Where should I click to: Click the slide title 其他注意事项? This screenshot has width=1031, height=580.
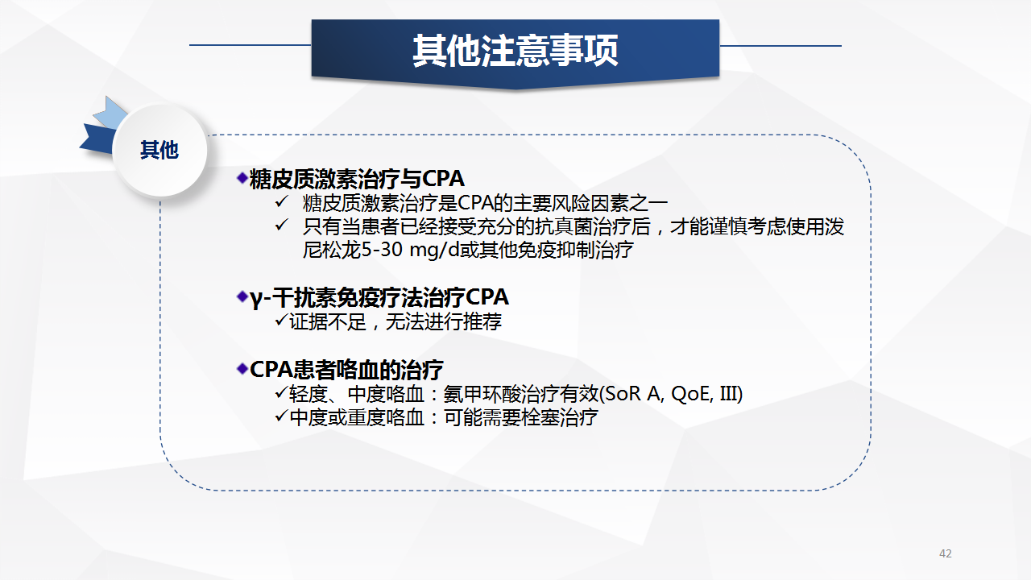coord(515,51)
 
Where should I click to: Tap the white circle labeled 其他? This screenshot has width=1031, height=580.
coord(159,150)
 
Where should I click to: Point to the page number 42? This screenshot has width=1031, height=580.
coord(946,553)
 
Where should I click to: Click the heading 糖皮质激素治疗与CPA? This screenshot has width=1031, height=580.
coord(357,179)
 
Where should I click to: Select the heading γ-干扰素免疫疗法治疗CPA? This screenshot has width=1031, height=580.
coord(379,297)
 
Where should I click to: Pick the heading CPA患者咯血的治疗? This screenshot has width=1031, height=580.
coord(346,369)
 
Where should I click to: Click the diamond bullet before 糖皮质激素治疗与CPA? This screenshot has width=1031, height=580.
coord(242,178)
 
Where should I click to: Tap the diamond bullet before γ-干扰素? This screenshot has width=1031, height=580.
coord(242,296)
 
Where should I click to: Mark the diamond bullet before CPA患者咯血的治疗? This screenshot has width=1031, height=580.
coord(242,368)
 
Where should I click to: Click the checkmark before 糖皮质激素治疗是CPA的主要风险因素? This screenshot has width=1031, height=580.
coord(281,201)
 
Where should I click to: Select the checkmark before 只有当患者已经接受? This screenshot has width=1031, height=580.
coord(281,225)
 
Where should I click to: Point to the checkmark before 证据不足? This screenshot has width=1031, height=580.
coord(281,320)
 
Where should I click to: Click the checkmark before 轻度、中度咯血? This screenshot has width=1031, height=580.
coord(281,392)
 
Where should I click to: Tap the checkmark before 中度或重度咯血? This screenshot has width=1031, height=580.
coord(281,416)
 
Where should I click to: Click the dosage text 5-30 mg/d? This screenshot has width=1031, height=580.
coord(411,250)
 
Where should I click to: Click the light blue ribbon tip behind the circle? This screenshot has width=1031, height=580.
coord(107,114)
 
